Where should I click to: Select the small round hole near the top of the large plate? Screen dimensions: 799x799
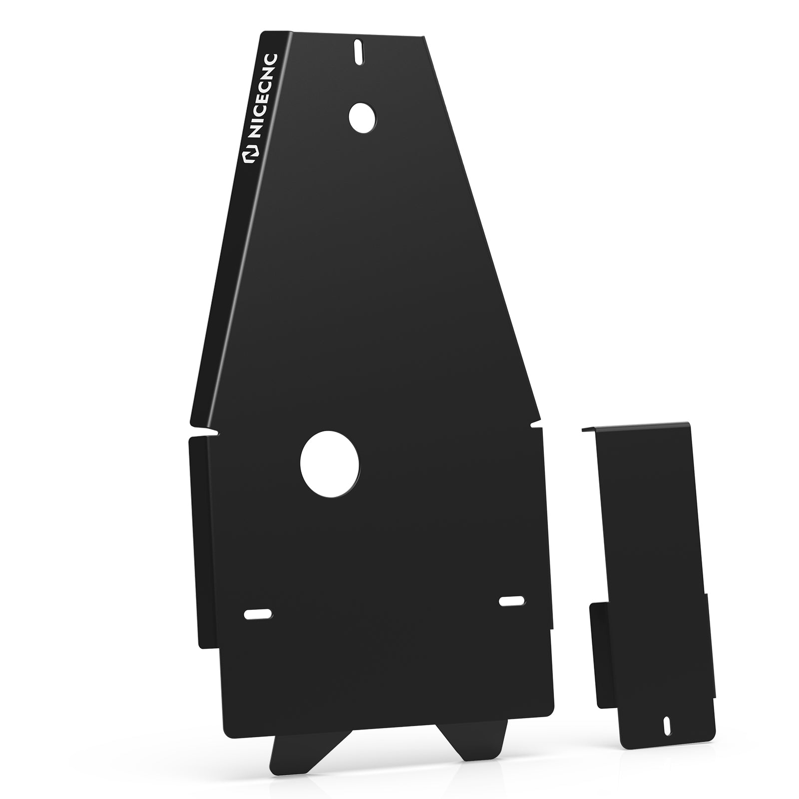[363, 118]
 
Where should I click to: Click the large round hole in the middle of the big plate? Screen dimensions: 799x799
[330, 464]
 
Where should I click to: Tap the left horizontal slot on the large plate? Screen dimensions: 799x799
[258, 614]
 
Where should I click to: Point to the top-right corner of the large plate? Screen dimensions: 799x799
[424, 37]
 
